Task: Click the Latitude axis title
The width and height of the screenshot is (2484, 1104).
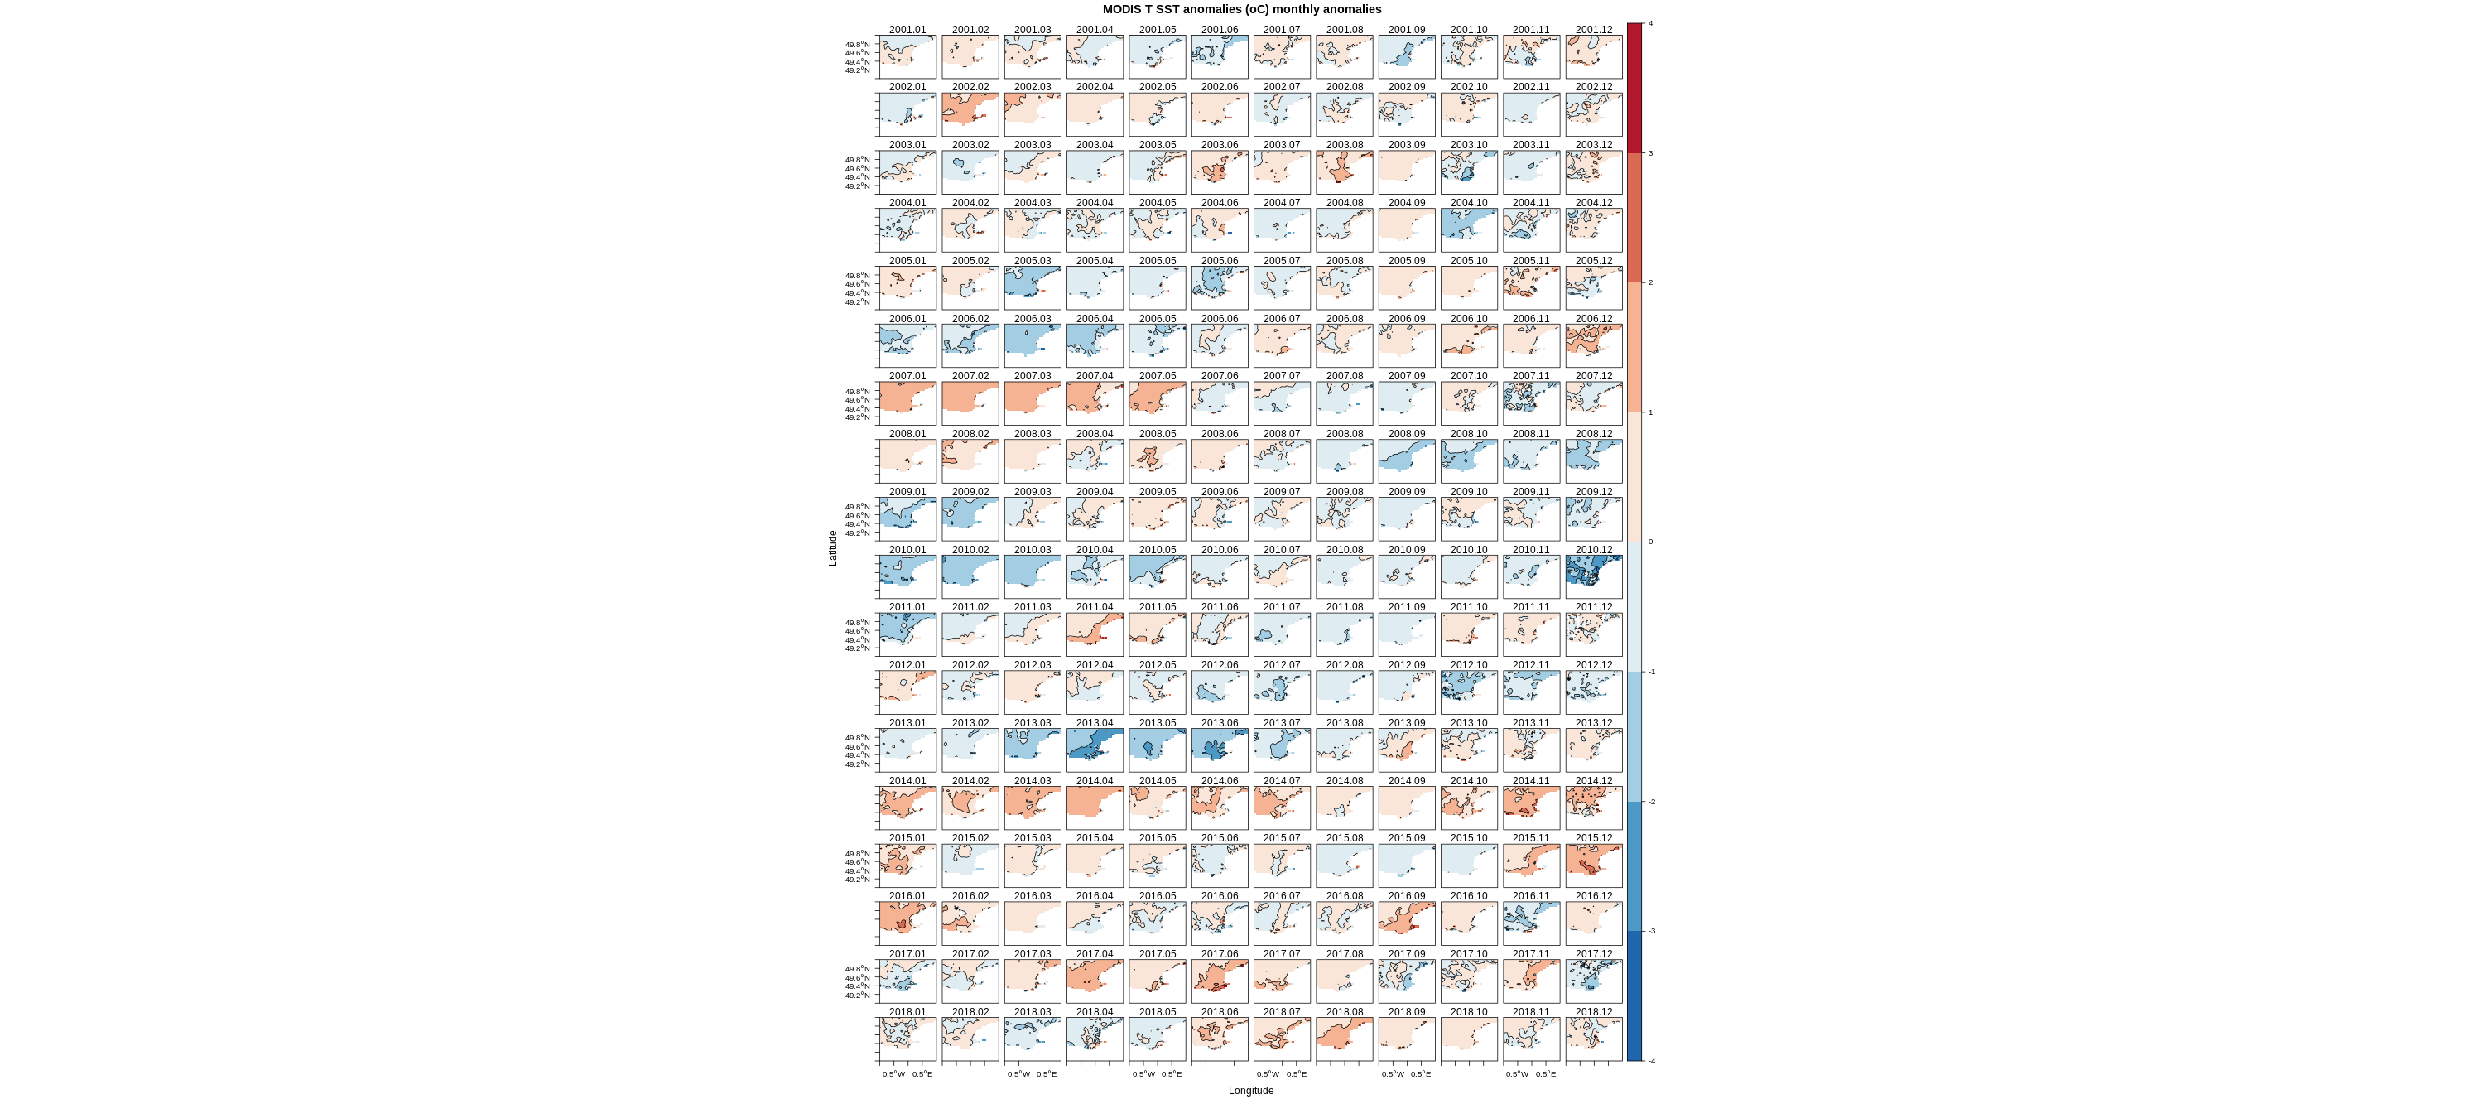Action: (x=833, y=547)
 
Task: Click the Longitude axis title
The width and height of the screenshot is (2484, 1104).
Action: (x=1250, y=1091)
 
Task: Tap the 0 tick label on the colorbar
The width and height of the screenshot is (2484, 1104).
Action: (x=1650, y=542)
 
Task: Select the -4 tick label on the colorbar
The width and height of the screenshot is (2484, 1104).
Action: (x=1651, y=1061)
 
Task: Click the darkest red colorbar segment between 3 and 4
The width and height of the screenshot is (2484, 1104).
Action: (x=1634, y=88)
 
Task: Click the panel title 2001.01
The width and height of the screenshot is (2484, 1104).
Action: (x=907, y=30)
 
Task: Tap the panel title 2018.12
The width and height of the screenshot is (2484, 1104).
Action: (x=1593, y=1012)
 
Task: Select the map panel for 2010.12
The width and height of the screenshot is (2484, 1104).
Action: (x=1594, y=576)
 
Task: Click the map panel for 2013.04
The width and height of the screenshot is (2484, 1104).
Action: (x=1095, y=750)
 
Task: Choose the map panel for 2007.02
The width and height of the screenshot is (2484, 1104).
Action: (x=970, y=403)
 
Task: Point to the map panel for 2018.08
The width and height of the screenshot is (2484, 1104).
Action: (x=1344, y=1039)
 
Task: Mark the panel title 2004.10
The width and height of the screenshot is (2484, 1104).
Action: (x=1469, y=204)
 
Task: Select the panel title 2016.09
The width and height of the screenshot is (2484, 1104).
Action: (x=1407, y=897)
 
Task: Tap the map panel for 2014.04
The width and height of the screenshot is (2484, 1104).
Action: (x=1095, y=808)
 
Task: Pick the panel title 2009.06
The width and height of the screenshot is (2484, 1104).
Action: (x=1219, y=492)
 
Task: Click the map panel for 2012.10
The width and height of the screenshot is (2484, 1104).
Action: (x=1469, y=692)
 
